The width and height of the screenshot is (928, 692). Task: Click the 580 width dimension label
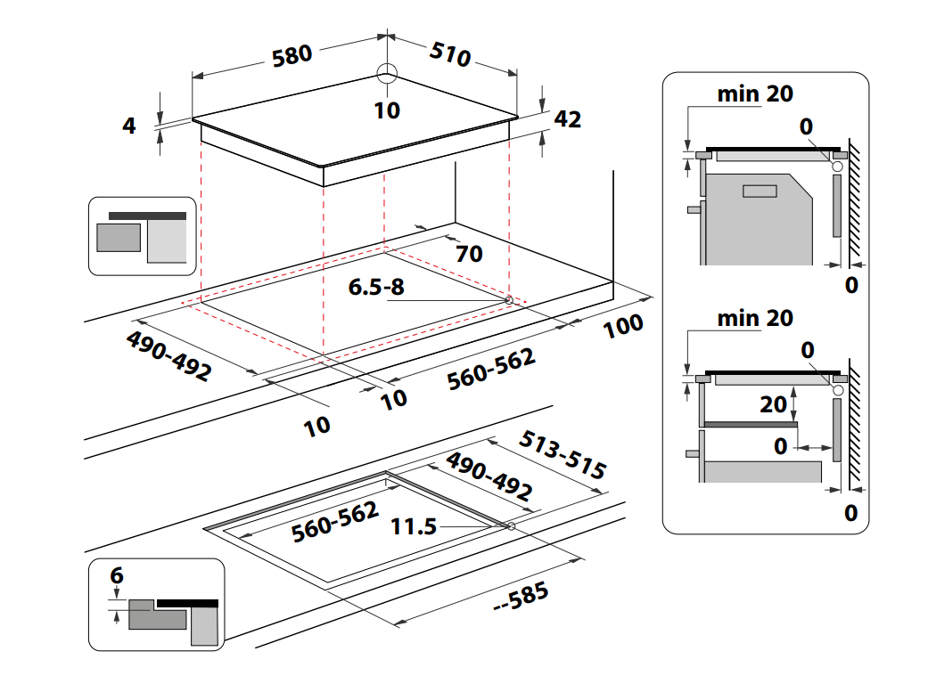pyautogui.click(x=292, y=55)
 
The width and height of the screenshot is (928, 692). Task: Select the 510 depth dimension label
pyautogui.click(x=450, y=53)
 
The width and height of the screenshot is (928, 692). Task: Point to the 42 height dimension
pyautogui.click(x=568, y=118)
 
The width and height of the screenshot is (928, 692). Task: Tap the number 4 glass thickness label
pyautogui.click(x=129, y=126)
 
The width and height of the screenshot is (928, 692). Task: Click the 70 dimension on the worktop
pyautogui.click(x=469, y=254)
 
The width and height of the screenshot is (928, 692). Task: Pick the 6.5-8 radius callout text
pyautogui.click(x=376, y=288)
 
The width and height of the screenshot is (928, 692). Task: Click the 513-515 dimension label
pyautogui.click(x=563, y=455)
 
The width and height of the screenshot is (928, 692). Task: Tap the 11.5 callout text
pyautogui.click(x=414, y=526)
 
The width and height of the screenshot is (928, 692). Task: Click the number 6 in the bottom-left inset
pyautogui.click(x=116, y=576)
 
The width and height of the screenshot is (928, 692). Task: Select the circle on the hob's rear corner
pyautogui.click(x=387, y=75)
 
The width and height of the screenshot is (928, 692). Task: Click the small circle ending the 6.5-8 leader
pyautogui.click(x=509, y=300)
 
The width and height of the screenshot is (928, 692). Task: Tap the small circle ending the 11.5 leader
pyautogui.click(x=511, y=526)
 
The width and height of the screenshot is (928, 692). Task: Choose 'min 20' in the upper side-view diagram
pyautogui.click(x=755, y=94)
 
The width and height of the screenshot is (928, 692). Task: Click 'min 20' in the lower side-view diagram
pyautogui.click(x=755, y=318)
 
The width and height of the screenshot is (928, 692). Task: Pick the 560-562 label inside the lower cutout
pyautogui.click(x=335, y=520)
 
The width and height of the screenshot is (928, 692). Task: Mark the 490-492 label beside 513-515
pyautogui.click(x=489, y=476)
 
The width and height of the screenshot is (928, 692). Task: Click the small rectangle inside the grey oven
pyautogui.click(x=760, y=191)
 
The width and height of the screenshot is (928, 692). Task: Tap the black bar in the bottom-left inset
pyautogui.click(x=187, y=603)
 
